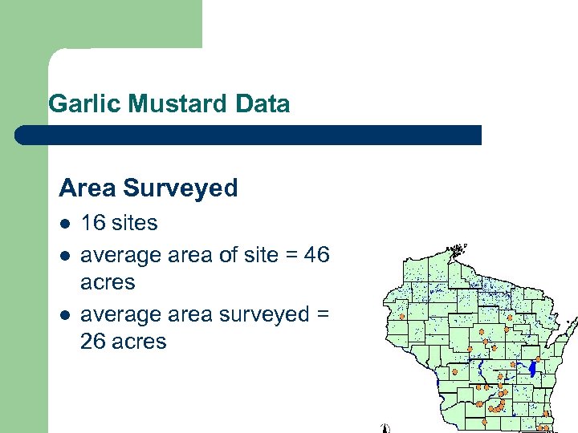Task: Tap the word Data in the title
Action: coord(263,104)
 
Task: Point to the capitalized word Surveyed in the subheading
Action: coord(181,189)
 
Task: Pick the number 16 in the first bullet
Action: coord(92,223)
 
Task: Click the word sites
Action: coord(134,223)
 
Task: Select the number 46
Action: coord(317,254)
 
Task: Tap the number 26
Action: coord(93,342)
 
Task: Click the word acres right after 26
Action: coord(139,342)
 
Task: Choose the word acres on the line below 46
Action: coord(108,283)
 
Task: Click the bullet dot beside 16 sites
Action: coord(64,224)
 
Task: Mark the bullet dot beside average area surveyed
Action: coord(64,314)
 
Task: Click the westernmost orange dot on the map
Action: coord(401,317)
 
